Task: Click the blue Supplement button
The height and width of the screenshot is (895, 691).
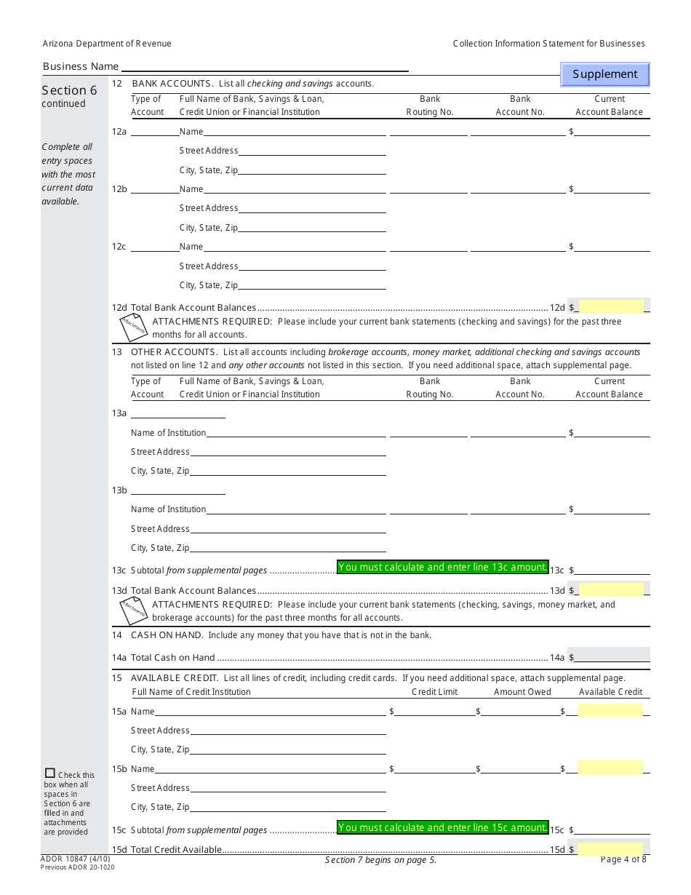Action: (604, 74)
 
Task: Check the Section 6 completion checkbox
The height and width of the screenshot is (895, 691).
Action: (49, 773)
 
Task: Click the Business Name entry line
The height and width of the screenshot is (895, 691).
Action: (264, 66)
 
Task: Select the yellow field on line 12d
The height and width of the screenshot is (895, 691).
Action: (610, 307)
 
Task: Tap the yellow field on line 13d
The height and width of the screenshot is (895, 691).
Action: (610, 590)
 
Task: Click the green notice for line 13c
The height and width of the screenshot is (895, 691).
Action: (442, 567)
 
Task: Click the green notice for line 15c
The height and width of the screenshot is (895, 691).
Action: (442, 827)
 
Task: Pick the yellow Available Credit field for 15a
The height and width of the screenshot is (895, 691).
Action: (610, 711)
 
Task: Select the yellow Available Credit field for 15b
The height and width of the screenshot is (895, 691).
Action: (610, 768)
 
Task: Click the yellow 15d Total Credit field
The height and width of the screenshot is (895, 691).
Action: (610, 849)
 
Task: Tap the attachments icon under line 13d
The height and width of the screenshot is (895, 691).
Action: (134, 610)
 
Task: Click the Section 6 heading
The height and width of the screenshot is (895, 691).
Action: (69, 90)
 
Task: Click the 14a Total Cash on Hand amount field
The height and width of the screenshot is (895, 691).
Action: (611, 657)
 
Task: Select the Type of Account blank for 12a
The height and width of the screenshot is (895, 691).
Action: (154, 132)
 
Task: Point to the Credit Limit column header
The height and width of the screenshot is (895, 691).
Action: (434, 692)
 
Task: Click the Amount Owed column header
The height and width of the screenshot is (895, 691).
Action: (522, 692)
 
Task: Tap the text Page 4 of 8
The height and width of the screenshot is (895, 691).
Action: (623, 859)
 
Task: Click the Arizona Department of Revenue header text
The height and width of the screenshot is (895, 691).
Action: (107, 44)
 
